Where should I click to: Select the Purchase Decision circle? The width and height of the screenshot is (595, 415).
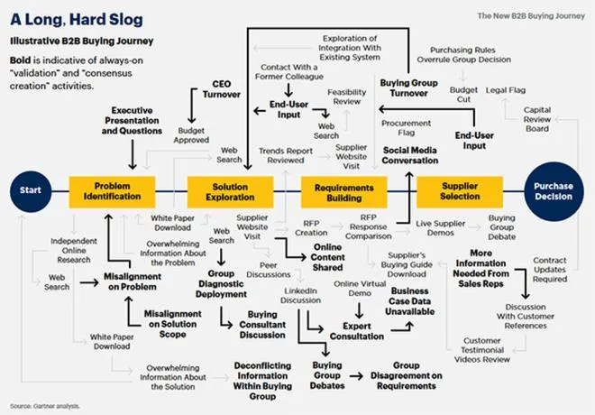click(x=554, y=191)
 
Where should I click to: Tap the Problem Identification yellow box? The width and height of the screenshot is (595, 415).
click(x=112, y=192)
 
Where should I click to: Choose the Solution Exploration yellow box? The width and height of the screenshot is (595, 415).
click(x=230, y=192)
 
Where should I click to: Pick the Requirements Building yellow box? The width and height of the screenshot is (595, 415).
click(x=344, y=192)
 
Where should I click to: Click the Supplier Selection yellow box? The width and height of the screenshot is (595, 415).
click(x=460, y=192)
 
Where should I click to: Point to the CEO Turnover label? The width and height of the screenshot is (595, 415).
click(x=221, y=89)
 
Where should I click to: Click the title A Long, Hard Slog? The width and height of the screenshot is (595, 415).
click(x=77, y=20)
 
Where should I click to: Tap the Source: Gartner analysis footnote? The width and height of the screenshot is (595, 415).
click(x=45, y=406)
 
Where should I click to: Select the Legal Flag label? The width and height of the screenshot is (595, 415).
click(x=506, y=90)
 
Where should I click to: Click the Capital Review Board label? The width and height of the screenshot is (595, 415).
click(x=537, y=119)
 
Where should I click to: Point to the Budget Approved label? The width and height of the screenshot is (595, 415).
click(x=191, y=135)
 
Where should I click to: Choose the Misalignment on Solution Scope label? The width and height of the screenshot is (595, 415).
click(x=173, y=324)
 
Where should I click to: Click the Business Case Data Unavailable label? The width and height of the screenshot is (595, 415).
click(x=410, y=301)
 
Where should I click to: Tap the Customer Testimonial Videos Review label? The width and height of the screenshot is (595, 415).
click(x=482, y=350)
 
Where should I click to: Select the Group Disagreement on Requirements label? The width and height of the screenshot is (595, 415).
click(x=406, y=375)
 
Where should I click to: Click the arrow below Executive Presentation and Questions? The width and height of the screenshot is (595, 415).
click(x=133, y=154)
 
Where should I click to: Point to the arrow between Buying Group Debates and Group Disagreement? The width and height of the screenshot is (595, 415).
click(x=357, y=376)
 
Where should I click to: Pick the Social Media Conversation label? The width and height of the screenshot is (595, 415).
click(x=410, y=155)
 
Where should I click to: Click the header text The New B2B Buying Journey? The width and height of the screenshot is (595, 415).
click(x=531, y=16)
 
